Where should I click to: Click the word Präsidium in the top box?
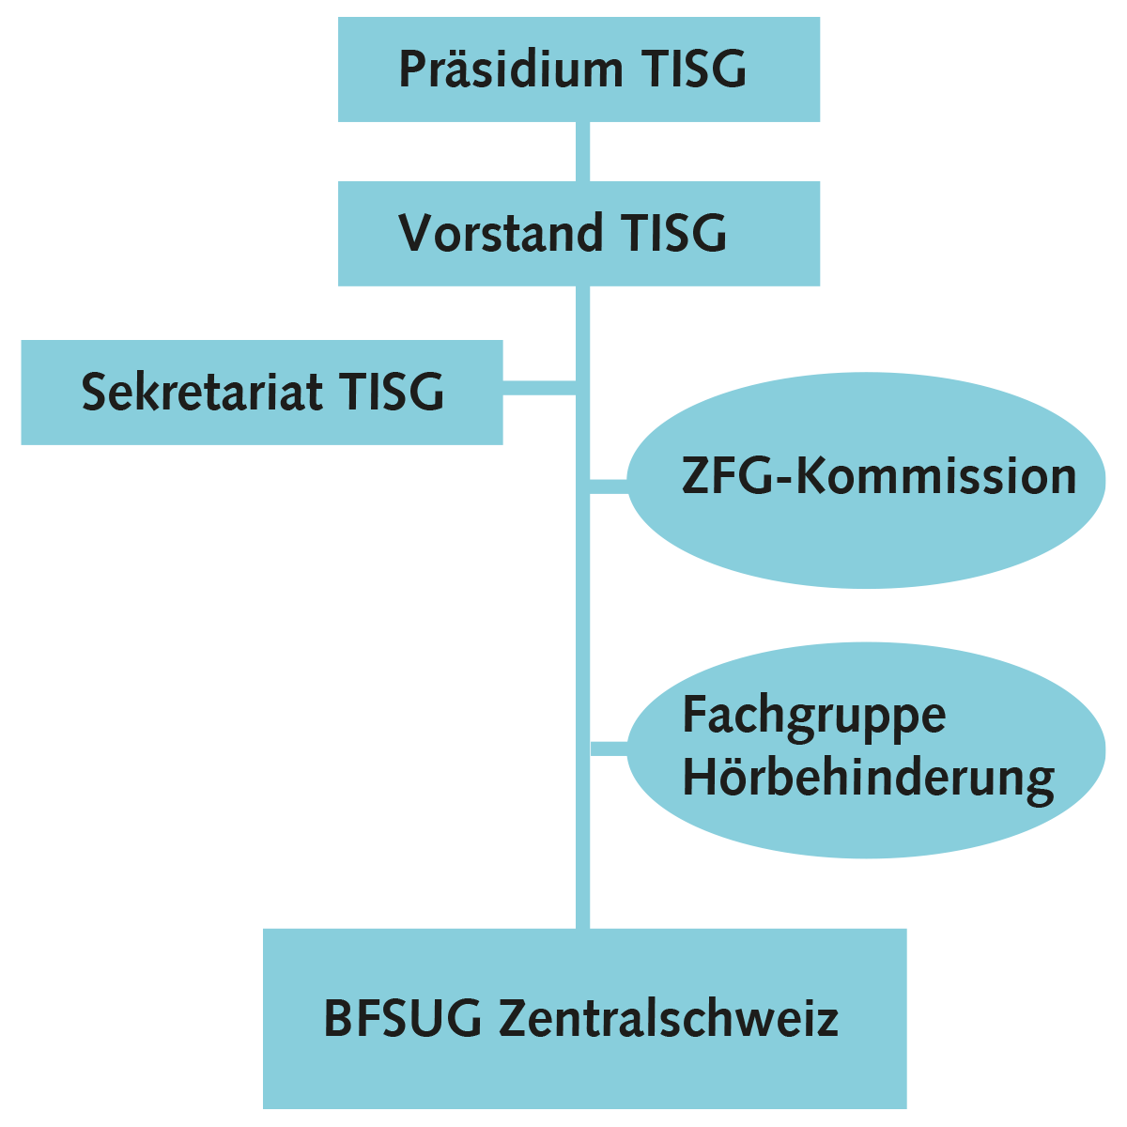[x=511, y=69]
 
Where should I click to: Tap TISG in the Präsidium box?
[x=694, y=69]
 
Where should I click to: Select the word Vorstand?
[x=501, y=233]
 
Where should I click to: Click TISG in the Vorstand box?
[x=673, y=233]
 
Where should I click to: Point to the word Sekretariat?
[x=202, y=392]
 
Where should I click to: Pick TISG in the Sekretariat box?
[x=392, y=392]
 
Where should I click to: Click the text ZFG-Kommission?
[x=879, y=477]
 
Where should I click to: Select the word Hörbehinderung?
[x=869, y=780]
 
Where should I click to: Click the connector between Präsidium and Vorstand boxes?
[x=582, y=151]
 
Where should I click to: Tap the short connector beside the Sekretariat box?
[x=539, y=388]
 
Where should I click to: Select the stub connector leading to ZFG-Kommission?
[x=609, y=486]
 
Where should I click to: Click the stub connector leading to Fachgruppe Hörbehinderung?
[x=609, y=749]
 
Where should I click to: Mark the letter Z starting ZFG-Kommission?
[x=695, y=477]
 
